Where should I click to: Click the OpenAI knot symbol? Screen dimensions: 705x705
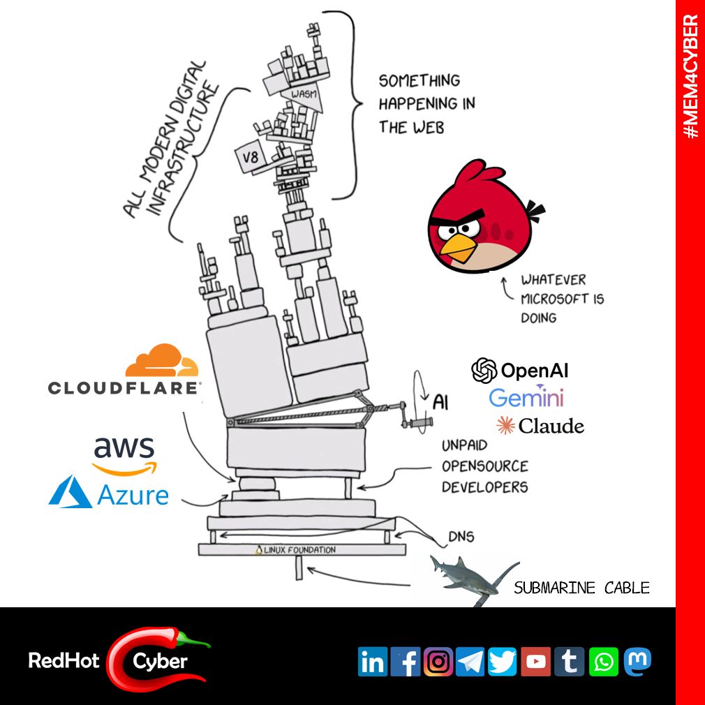pyautogui.click(x=484, y=371)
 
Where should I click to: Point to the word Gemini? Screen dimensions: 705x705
pyautogui.click(x=526, y=398)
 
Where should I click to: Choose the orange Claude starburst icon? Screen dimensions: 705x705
pyautogui.click(x=505, y=425)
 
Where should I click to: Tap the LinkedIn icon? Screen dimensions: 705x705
pyautogui.click(x=373, y=662)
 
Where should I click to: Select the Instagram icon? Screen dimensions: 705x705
pyautogui.click(x=438, y=662)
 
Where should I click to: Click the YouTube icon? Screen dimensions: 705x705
pyautogui.click(x=535, y=662)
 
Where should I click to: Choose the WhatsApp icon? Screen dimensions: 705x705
pyautogui.click(x=603, y=662)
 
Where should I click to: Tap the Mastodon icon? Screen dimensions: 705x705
pyautogui.click(x=637, y=660)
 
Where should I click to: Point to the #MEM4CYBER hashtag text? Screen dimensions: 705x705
pyautogui.click(x=690, y=76)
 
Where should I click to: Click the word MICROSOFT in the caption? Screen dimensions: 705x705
pyautogui.click(x=562, y=299)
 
